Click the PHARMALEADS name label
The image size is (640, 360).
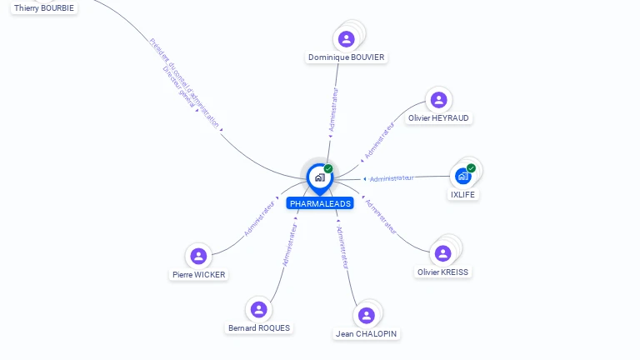click(x=320, y=203)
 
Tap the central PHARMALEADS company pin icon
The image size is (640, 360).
click(x=320, y=177)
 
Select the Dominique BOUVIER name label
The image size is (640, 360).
click(x=347, y=57)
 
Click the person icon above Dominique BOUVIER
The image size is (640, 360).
click(x=347, y=38)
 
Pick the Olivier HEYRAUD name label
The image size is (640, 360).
click(x=438, y=118)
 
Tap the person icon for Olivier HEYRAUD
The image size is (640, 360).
click(x=438, y=100)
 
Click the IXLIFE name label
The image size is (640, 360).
click(x=463, y=194)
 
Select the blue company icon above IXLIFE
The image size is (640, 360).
click(x=462, y=176)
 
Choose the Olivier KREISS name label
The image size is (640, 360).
click(x=442, y=272)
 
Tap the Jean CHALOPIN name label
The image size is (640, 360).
click(x=367, y=333)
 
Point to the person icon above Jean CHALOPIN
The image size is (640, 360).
click(x=366, y=315)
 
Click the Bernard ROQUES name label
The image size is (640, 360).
click(x=259, y=327)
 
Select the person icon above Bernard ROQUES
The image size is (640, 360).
click(x=259, y=309)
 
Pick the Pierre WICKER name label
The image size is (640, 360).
click(x=198, y=274)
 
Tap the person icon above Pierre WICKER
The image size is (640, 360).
click(x=198, y=256)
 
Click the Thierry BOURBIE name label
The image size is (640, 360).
click(x=44, y=7)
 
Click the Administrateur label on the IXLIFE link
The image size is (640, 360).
click(x=392, y=178)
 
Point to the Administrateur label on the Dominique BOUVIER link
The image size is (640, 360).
click(x=333, y=110)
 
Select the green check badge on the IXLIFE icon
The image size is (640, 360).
click(x=471, y=168)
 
